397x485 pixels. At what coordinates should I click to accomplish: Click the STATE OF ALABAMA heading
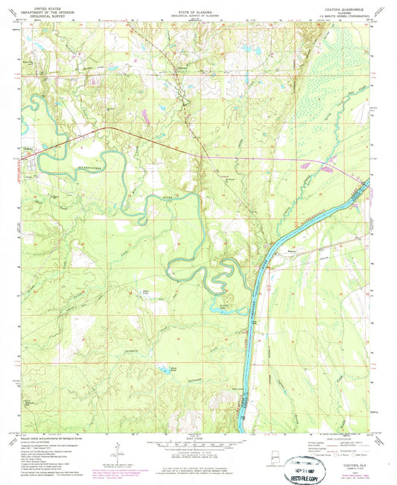(198, 4)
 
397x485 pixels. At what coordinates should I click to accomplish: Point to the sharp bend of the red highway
(112, 129)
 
